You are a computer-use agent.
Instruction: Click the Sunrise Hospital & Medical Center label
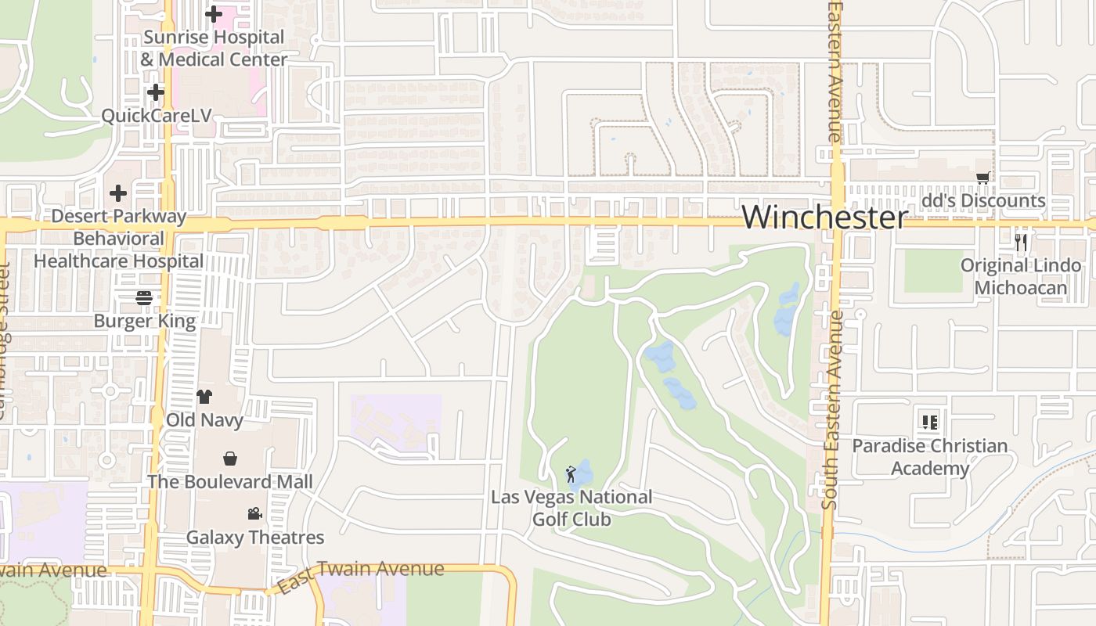coord(214,49)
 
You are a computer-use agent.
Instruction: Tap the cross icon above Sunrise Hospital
coord(214,14)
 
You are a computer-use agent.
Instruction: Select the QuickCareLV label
coord(157,116)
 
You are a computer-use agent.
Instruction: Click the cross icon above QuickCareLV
coord(156,92)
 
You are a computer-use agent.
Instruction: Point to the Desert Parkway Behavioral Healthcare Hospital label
coord(118,239)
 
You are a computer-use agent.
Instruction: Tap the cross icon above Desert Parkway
coord(118,192)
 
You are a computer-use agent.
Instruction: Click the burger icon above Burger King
coord(143,297)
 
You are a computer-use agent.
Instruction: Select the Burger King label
coord(145,321)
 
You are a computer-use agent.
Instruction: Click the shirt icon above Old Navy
coord(204,397)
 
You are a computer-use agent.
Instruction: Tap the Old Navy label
coord(204,420)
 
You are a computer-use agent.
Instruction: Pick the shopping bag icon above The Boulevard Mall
coord(230,459)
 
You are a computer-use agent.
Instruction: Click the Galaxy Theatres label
coord(254,538)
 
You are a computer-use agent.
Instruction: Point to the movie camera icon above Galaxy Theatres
coord(254,514)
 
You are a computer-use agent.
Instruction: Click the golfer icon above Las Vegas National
coord(571,474)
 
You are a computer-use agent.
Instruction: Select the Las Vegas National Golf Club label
coord(571,508)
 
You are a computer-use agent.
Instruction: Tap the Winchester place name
coord(825,217)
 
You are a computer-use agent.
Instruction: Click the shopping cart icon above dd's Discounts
coord(982,178)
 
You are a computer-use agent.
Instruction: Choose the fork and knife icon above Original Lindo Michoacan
coord(1021,243)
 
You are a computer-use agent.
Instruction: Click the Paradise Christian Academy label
coord(930,457)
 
